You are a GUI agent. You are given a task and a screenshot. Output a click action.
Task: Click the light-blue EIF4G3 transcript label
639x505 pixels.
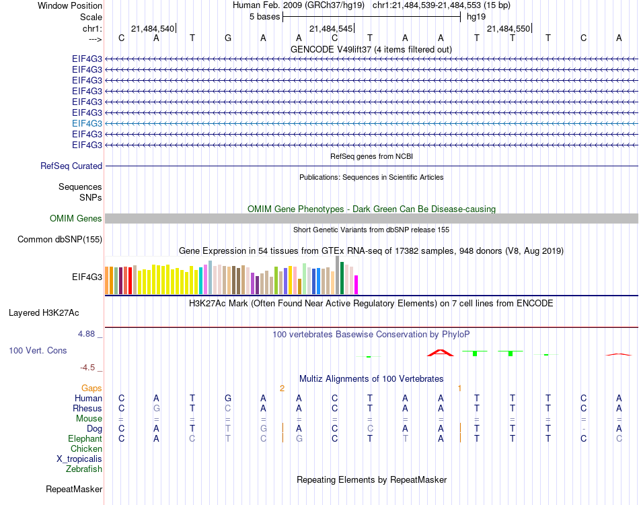coord(87,123)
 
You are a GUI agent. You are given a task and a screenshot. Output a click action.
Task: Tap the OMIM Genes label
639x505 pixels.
coord(76,218)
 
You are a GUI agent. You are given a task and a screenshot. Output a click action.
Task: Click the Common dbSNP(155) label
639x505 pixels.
coord(60,239)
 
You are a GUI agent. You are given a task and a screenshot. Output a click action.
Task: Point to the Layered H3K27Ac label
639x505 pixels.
coord(44,312)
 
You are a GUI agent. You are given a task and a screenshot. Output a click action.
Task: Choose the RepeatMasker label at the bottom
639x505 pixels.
coord(74,489)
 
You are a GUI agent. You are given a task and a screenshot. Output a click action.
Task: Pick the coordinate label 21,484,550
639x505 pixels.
coord(508,28)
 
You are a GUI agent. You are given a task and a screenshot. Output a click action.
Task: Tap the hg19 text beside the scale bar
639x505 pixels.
coord(476,16)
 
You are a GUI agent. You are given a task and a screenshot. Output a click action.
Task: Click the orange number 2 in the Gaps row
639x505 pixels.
coord(283,388)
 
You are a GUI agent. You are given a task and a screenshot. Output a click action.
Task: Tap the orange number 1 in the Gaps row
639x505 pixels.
coord(459,388)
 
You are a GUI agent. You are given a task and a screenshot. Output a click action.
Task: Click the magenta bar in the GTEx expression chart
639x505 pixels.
coord(356,285)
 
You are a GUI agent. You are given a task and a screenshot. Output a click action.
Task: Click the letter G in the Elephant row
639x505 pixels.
coord(299,438)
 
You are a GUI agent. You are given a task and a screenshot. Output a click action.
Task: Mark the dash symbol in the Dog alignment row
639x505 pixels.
coord(584,428)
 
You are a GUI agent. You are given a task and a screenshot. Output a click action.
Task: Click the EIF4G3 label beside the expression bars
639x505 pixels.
coord(87,276)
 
